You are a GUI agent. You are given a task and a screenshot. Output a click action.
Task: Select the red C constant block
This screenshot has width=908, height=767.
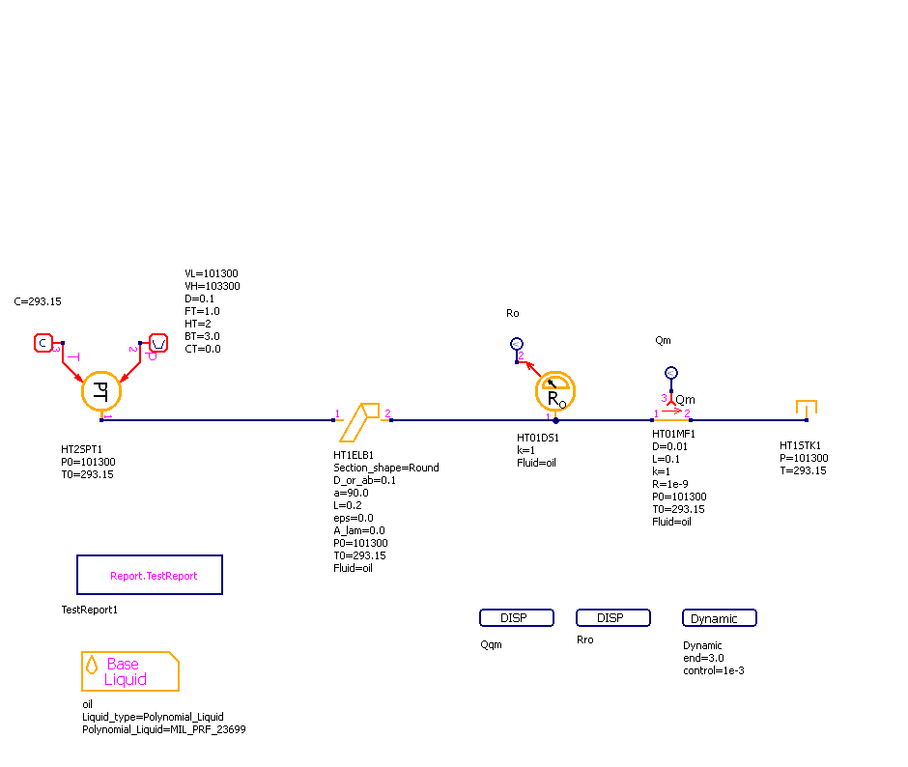tap(43, 343)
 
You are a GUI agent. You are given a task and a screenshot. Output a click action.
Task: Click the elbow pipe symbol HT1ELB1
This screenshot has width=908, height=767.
tap(362, 420)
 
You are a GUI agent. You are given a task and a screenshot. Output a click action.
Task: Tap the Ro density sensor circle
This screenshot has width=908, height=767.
tap(555, 390)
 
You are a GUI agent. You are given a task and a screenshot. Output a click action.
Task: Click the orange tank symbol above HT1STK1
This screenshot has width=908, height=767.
tap(806, 409)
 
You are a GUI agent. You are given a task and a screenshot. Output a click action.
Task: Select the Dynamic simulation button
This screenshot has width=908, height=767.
tap(719, 618)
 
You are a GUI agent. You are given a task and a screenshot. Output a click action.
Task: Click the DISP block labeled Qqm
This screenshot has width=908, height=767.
tap(516, 618)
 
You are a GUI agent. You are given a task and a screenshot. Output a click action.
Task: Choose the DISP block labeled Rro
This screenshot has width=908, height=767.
tap(612, 618)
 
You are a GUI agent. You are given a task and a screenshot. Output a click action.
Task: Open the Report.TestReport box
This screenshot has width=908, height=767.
tap(150, 575)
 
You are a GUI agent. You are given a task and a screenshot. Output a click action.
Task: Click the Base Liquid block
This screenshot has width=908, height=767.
tap(129, 671)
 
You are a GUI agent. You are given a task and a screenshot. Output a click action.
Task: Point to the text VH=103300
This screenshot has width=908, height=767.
tap(213, 286)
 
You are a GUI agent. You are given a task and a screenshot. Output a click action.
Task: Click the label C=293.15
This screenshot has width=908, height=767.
tap(38, 301)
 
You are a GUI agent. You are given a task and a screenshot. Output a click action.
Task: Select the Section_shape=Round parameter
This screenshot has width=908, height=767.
tap(386, 468)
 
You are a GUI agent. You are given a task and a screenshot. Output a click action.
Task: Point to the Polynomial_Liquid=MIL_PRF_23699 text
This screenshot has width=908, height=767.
tap(164, 729)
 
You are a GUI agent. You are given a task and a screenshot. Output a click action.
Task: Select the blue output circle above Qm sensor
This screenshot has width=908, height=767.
tap(671, 373)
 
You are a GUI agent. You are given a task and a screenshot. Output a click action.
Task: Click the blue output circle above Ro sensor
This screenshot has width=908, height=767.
tap(517, 344)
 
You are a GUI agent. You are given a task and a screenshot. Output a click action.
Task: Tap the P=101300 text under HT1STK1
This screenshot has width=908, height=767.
tap(804, 458)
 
